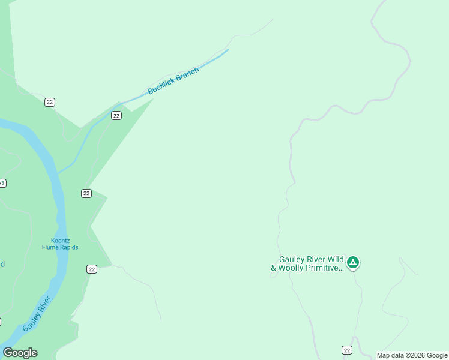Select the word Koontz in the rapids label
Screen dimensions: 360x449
point(60,240)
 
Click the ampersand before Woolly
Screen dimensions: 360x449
point(274,268)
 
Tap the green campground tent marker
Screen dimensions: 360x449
point(354,262)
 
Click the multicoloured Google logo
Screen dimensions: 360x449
point(20,353)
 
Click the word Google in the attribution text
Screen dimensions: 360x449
point(438,355)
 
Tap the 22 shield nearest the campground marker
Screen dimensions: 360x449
point(347,350)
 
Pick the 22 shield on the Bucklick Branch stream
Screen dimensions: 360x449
point(116,115)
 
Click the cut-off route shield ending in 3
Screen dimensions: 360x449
point(2,183)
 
